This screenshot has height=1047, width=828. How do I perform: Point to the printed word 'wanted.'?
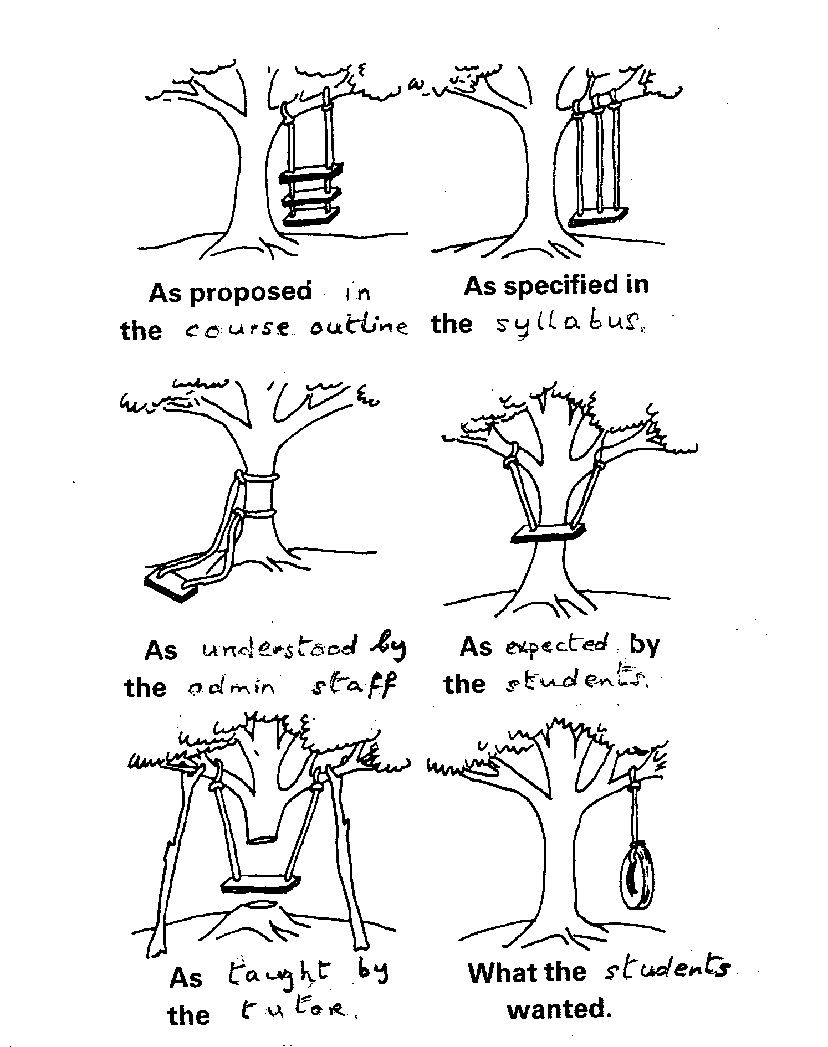[x=559, y=1009]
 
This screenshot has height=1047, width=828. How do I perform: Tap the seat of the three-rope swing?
[x=599, y=217]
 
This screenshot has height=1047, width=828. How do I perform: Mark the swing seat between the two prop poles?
[x=260, y=884]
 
